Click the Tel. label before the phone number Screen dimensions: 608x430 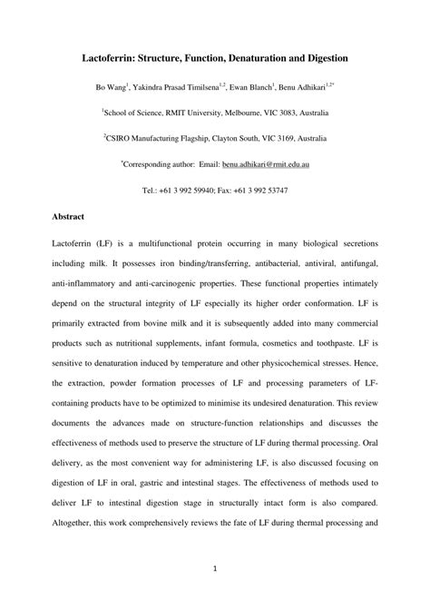[x=150, y=191]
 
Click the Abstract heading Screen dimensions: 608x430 [x=69, y=218]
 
